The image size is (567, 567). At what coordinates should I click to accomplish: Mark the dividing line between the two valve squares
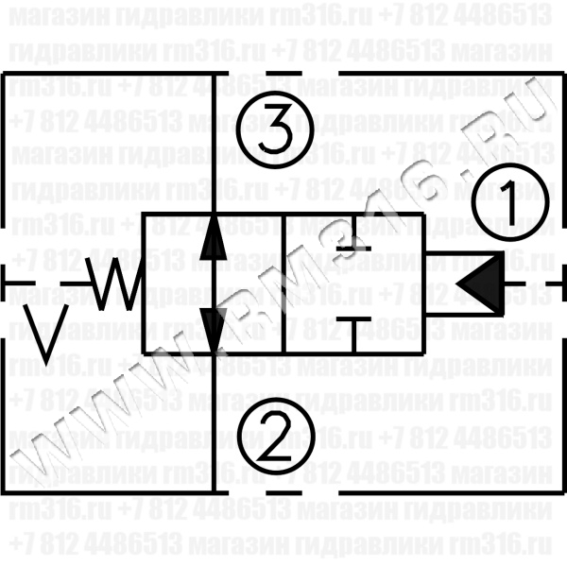click(x=283, y=283)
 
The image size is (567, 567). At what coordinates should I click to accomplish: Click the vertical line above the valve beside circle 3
click(x=215, y=142)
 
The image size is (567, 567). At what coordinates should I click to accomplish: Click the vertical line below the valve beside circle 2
click(x=215, y=425)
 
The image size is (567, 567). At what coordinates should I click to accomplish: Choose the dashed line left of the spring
click(x=38, y=283)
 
